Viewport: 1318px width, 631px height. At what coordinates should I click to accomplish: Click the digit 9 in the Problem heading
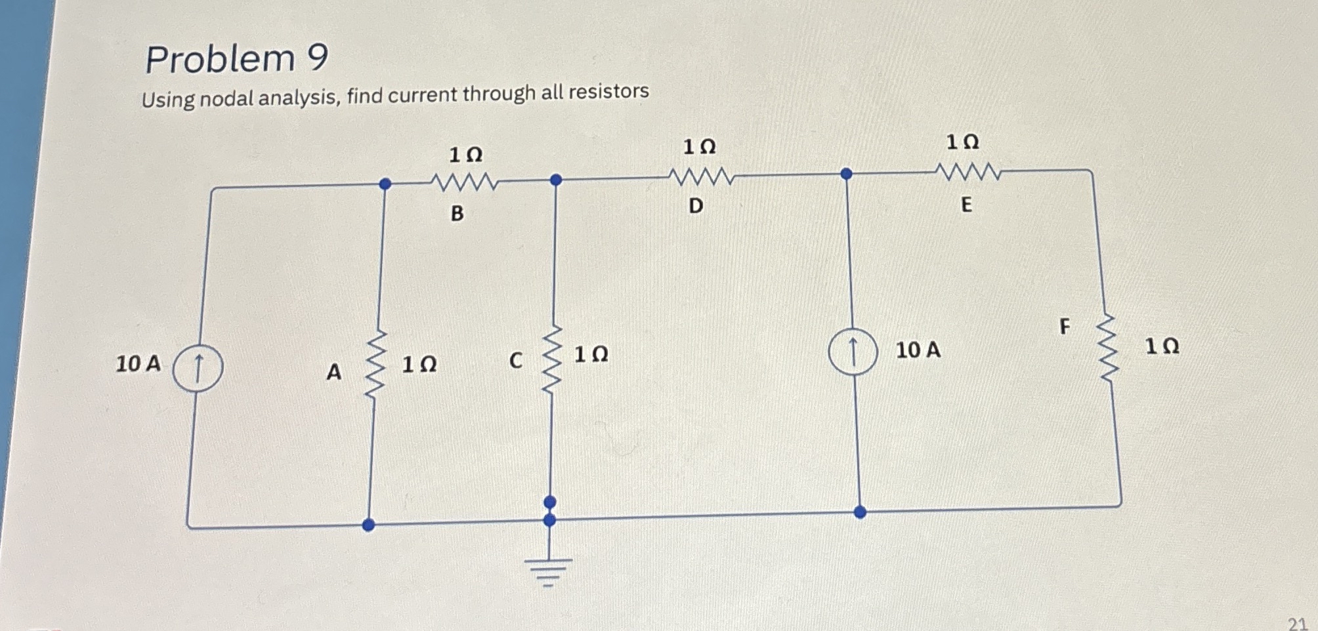click(317, 58)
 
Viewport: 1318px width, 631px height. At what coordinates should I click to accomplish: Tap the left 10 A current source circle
click(198, 368)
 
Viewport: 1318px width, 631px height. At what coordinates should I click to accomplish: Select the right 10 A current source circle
click(853, 352)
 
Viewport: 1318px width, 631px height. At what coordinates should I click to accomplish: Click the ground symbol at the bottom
click(549, 570)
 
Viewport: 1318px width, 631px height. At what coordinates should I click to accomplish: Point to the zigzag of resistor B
click(464, 182)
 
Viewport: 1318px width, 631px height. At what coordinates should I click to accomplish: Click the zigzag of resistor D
click(700, 176)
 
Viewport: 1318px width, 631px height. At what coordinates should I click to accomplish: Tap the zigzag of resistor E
click(969, 172)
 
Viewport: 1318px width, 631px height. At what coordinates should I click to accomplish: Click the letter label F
click(1065, 326)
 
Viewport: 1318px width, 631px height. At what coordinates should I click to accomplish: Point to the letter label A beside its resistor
click(333, 373)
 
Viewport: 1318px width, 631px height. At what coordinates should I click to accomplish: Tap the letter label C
click(516, 360)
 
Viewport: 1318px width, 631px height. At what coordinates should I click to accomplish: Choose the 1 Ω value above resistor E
click(962, 142)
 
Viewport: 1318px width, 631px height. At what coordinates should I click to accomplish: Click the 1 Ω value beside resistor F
click(1162, 346)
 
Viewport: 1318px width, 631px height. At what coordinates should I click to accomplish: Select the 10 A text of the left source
click(138, 363)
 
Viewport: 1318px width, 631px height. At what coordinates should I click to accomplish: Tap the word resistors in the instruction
click(608, 91)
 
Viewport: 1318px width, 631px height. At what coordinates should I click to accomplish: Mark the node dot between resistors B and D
click(556, 180)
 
